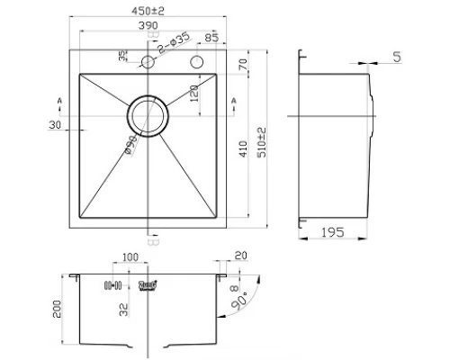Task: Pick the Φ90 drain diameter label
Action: (x=130, y=149)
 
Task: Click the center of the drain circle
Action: (x=148, y=117)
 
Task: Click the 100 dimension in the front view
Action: (x=130, y=258)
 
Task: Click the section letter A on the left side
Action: (x=60, y=98)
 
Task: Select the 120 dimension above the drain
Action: (x=192, y=94)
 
